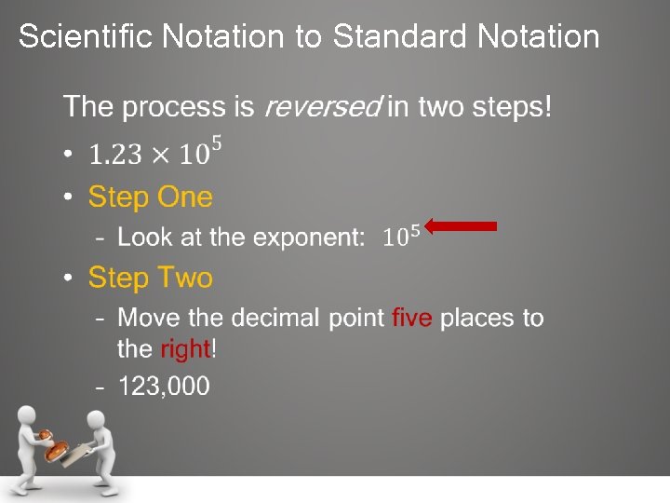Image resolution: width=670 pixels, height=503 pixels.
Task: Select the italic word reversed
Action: [x=322, y=106]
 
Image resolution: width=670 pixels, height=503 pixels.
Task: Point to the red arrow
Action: [x=462, y=225]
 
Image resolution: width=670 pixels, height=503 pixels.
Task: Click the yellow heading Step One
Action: [x=150, y=197]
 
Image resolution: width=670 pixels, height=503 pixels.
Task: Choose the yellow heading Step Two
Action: [x=150, y=278]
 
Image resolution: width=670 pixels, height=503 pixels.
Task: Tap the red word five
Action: [x=411, y=318]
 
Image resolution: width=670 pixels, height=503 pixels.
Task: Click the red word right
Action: [x=186, y=349]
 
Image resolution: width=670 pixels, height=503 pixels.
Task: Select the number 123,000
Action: [x=164, y=386]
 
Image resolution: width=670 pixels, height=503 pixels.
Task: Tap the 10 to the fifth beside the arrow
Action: [x=401, y=235]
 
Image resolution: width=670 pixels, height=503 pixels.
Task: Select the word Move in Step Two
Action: [x=147, y=318]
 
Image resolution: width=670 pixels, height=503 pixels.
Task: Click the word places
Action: [x=480, y=318]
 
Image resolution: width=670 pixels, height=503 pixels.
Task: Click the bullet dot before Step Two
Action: [x=68, y=279]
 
